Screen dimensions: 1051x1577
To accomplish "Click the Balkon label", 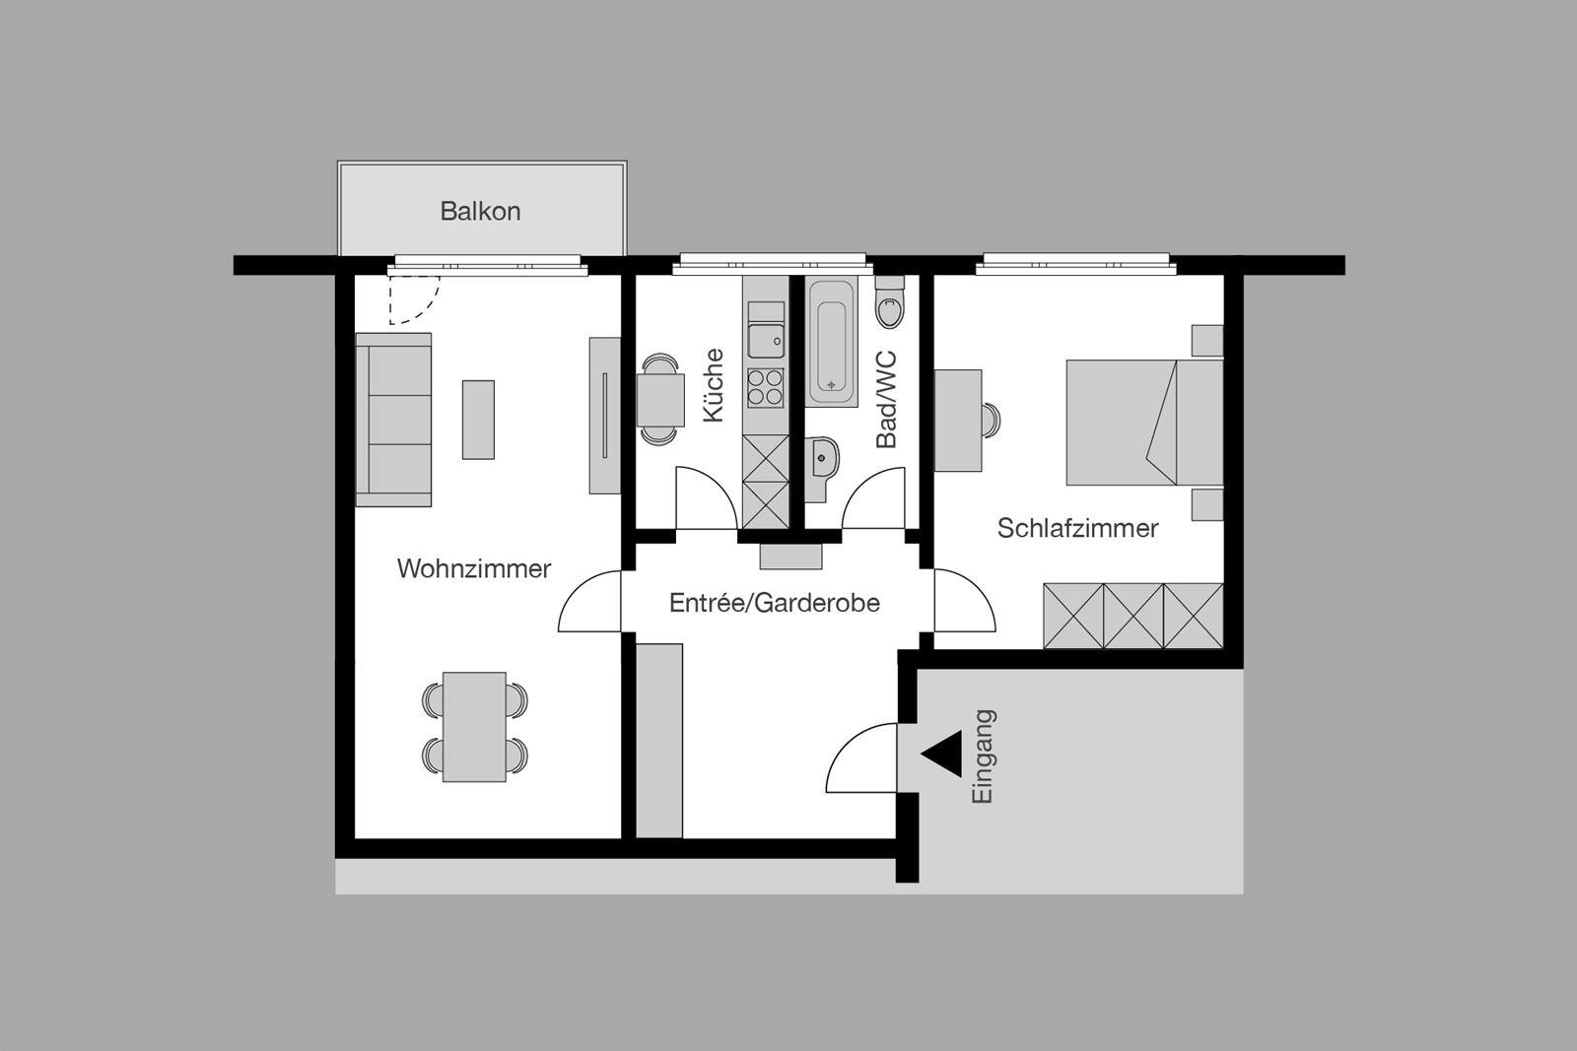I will (480, 211).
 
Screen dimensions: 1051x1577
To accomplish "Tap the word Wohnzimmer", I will (473, 568).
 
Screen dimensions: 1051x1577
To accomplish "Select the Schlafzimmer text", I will (1077, 528).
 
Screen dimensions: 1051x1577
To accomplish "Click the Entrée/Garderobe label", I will (774, 603).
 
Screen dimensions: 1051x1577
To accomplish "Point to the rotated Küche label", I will (713, 386).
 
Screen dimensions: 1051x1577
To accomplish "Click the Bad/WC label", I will (886, 399).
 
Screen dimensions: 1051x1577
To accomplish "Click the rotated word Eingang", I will (983, 756).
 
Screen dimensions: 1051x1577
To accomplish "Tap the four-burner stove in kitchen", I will (766, 386).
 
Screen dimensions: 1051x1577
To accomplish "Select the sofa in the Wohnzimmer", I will (393, 420).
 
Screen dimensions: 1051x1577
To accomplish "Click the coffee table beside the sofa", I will (478, 420).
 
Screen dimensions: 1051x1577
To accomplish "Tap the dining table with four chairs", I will (474, 727).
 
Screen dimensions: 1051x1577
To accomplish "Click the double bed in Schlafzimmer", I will (1143, 422).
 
